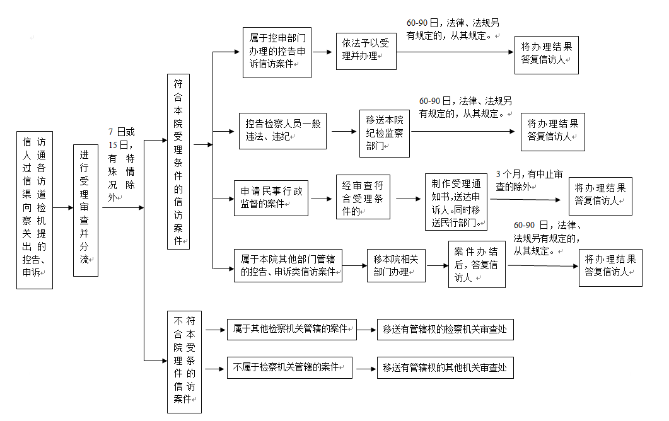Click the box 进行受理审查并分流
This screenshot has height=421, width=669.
pos(86,211)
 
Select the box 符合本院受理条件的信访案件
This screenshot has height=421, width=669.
pos(178,162)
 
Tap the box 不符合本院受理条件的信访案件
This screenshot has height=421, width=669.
pos(184,362)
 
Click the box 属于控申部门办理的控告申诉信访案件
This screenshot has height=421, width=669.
pos(277,52)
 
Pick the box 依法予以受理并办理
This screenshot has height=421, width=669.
pos(366,51)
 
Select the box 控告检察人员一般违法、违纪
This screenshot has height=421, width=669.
pos(282,131)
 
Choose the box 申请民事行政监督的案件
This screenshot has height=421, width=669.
pos(271,198)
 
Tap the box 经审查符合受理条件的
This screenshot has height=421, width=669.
pos(363,197)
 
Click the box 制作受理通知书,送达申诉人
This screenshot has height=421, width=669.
pos(456,202)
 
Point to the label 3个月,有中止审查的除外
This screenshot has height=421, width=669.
pos(529,180)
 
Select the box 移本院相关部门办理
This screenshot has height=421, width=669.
pos(397,266)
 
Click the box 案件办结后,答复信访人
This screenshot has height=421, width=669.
pos(477,265)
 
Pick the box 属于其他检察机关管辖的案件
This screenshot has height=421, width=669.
pos(292,330)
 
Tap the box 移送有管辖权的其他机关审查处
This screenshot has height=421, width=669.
pos(445,367)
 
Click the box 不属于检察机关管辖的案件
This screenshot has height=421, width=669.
pos(289,367)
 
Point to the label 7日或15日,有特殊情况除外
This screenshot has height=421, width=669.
pos(122,164)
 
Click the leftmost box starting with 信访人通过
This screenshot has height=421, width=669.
pos(35,211)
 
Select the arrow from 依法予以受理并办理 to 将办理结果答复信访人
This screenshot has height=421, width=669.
pos(455,52)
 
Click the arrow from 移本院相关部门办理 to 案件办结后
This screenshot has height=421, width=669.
pos(437,266)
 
